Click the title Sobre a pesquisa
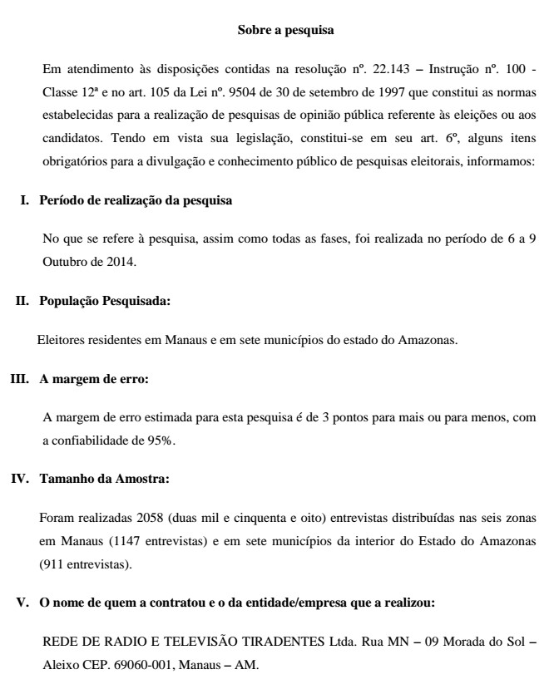tap(285, 32)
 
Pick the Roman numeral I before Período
tap(25, 200)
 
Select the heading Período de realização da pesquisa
tap(136, 200)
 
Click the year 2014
tap(120, 261)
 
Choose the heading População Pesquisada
tap(104, 302)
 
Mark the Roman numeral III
tap(19, 379)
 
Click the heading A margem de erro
tap(94, 379)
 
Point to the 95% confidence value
tap(161, 440)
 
